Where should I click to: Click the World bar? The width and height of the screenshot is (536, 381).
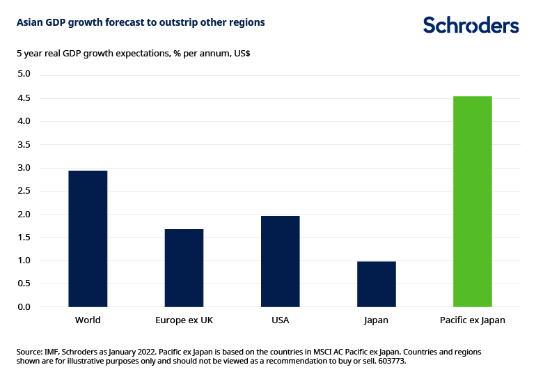coord(88,238)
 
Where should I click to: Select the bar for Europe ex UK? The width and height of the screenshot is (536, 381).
coord(184,267)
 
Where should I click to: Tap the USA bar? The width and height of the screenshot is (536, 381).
coord(280,261)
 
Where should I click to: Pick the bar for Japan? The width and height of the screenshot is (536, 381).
coord(376,284)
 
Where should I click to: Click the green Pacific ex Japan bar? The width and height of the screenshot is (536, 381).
coord(472,201)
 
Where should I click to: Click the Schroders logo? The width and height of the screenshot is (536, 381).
coord(471,25)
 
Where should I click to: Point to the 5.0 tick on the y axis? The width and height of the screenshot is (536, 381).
coord(24,75)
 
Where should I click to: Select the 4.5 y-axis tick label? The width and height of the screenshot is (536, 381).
coord(24,98)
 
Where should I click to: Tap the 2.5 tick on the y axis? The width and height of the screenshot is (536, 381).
coord(24,191)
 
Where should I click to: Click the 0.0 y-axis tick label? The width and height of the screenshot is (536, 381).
coord(24,307)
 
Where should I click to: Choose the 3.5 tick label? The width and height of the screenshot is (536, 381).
coord(24,144)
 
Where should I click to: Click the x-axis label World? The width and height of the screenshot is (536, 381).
coord(88,320)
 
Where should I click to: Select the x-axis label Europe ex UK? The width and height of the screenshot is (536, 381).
coord(184,320)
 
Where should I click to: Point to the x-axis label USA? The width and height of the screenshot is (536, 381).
coord(280,320)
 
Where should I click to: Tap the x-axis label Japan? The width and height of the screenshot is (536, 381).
coord(376,320)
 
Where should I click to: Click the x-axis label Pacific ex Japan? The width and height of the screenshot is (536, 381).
coord(472,320)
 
